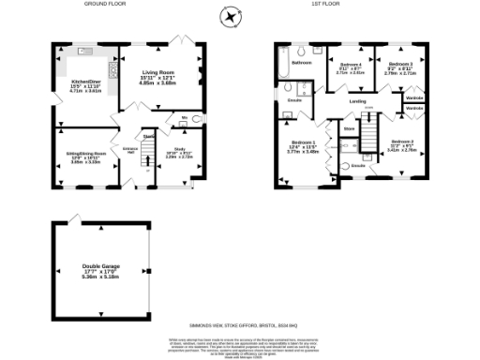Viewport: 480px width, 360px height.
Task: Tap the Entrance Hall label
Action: pyautogui.click(x=130, y=151)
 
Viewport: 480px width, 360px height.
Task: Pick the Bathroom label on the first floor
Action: pyautogui.click(x=302, y=63)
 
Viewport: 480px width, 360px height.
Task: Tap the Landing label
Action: pyautogui.click(x=357, y=102)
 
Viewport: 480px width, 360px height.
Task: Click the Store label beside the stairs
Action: pyautogui.click(x=349, y=128)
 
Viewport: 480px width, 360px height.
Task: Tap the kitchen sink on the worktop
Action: pyautogui.click(x=84, y=51)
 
